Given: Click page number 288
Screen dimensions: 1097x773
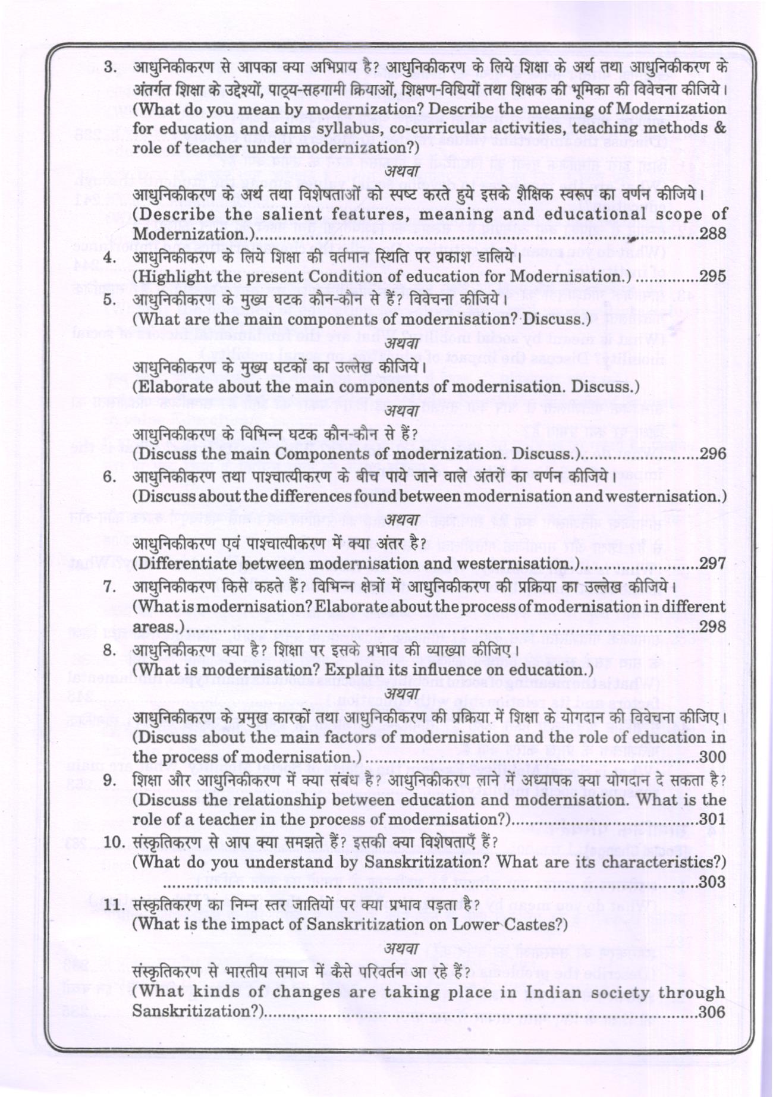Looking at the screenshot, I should (712, 233).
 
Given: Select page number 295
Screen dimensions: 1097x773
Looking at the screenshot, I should (712, 276).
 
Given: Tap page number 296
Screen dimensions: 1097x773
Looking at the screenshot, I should (712, 454).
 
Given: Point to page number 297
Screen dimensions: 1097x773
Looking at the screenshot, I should (712, 564).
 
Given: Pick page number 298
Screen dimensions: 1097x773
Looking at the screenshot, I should (712, 627).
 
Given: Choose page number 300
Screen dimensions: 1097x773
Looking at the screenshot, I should (712, 757).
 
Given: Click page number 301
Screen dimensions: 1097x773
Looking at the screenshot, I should (712, 819).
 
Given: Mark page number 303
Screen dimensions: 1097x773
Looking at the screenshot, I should (712, 882).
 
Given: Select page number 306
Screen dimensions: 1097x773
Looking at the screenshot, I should (712, 1012).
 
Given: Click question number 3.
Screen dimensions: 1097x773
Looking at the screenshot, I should (109, 67).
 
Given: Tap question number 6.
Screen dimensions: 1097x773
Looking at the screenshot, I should (109, 477).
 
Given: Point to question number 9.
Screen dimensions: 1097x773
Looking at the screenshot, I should (109, 780).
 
